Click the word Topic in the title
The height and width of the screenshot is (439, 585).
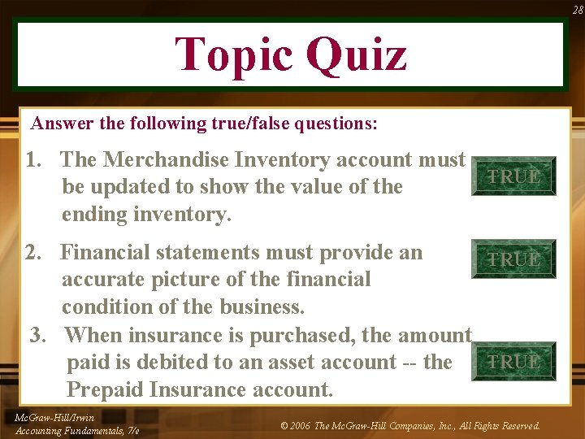coord(233,55)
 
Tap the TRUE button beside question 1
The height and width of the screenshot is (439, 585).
coord(513,176)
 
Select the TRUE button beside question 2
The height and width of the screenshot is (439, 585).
coord(513,259)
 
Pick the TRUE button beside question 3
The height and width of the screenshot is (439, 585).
coord(513,362)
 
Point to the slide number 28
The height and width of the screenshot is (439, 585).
coord(577,10)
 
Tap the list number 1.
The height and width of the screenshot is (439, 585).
coord(34,159)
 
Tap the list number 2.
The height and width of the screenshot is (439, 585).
coord(33,252)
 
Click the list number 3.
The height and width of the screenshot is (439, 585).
coord(38,334)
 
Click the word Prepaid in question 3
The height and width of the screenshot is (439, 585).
coord(106,389)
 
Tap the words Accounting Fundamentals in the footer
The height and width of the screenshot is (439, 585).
coord(70,430)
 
